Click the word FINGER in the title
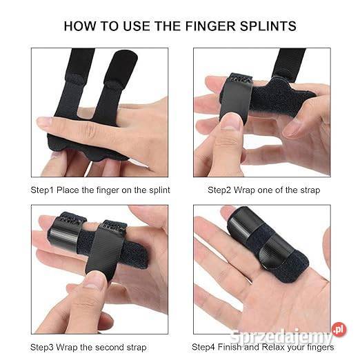(x=210, y=26)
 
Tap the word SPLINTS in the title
(x=268, y=26)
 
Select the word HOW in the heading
(x=79, y=26)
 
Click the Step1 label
(x=43, y=190)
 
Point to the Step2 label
(x=219, y=190)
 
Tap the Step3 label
(x=42, y=348)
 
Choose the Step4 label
(x=203, y=347)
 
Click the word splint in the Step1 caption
(x=159, y=190)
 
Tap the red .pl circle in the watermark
(x=339, y=330)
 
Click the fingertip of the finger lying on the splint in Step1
(x=43, y=122)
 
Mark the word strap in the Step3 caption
(x=136, y=348)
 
